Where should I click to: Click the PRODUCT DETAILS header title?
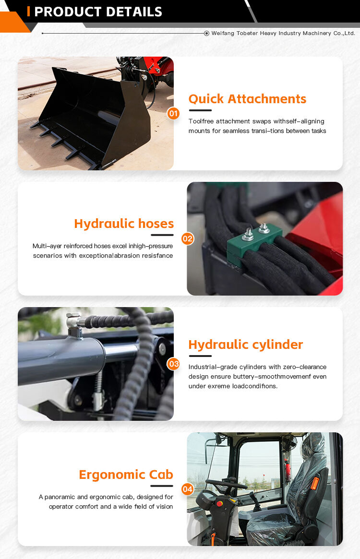98,12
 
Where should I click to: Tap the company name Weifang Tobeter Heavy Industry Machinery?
283,34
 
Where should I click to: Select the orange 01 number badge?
173,114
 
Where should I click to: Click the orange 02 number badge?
188,238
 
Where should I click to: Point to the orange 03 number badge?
173,364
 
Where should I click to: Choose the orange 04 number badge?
188,489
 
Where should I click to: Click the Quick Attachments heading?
247,99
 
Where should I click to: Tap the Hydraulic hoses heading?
124,224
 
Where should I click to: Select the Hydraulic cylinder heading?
246,345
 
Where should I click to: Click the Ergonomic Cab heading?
126,475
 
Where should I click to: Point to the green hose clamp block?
258,237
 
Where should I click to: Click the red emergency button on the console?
220,503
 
